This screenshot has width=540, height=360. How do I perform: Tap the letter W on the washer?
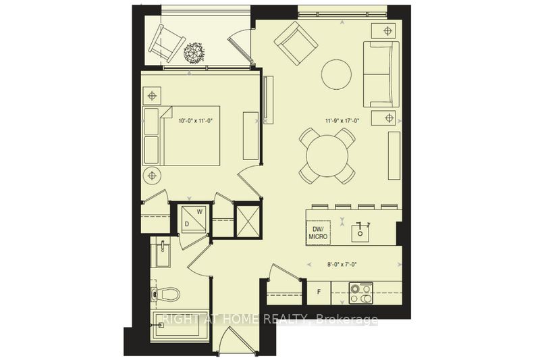pyautogui.click(x=200, y=211)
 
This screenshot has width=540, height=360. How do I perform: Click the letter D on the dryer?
pyautogui.click(x=187, y=223)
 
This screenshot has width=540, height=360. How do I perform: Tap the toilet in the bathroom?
pyautogui.click(x=166, y=294)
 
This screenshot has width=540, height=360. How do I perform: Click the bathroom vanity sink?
pyautogui.click(x=162, y=256)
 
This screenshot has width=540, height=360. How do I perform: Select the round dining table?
pyautogui.click(x=327, y=156)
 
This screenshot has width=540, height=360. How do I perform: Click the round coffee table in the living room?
pyautogui.click(x=335, y=74)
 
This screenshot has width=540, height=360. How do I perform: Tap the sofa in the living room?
pyautogui.click(x=381, y=74)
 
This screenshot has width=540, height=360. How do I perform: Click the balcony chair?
pyautogui.click(x=163, y=45)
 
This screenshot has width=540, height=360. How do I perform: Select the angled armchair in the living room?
pyautogui.click(x=296, y=43)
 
